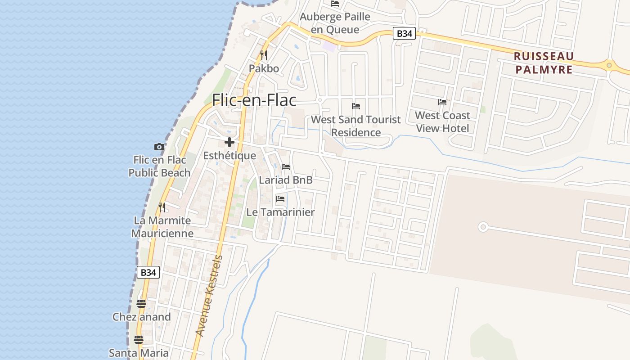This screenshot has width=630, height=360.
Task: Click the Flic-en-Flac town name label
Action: pyautogui.click(x=254, y=100)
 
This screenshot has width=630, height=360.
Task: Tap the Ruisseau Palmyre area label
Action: pyautogui.click(x=544, y=63)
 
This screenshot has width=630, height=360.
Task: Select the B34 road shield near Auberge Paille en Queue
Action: pyautogui.click(x=404, y=33)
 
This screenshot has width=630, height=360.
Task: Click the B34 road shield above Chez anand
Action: pyautogui.click(x=148, y=272)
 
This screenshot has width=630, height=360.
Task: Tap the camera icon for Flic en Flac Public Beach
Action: pyautogui.click(x=159, y=147)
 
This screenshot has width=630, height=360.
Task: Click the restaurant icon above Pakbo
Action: pyautogui.click(x=264, y=55)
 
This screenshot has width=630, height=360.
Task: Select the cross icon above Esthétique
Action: pyautogui.click(x=229, y=142)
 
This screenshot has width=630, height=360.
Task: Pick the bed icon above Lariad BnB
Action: pyautogui.click(x=286, y=167)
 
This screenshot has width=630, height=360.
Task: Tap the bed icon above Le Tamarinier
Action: pyautogui.click(x=280, y=198)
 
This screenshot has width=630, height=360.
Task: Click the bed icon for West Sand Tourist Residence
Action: pyautogui.click(x=356, y=106)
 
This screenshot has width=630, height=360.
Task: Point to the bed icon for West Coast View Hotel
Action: pyautogui.click(x=442, y=102)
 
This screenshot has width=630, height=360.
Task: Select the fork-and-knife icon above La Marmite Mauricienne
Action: pyautogui.click(x=162, y=207)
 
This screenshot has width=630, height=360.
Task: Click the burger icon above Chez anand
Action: pyautogui.click(x=141, y=304)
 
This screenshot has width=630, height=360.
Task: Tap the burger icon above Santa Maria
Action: pyautogui.click(x=138, y=339)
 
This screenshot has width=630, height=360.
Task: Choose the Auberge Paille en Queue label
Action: pyautogui.click(x=335, y=23)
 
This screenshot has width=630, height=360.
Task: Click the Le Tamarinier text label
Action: pyautogui.click(x=280, y=212)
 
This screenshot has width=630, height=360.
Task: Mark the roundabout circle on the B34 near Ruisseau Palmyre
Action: pyautogui.click(x=609, y=65)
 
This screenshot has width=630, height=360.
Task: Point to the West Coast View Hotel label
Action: pyautogui.click(x=442, y=121)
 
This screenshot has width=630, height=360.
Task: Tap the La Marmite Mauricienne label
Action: pyautogui.click(x=162, y=227)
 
